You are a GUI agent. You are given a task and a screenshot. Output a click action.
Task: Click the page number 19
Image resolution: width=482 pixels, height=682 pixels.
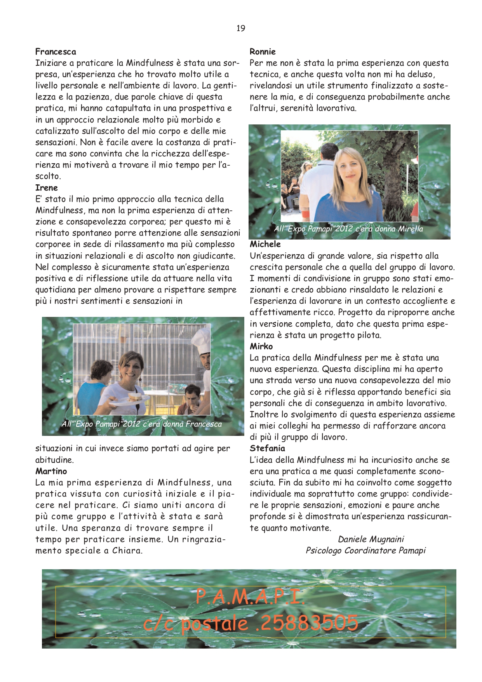coord(240,28)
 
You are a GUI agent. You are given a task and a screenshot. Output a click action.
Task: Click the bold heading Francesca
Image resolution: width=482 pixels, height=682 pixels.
coord(56,52)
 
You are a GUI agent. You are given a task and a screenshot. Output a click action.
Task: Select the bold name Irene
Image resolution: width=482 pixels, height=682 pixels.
coord(46,188)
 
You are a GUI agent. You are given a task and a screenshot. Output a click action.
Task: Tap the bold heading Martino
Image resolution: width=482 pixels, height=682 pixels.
coord(51,471)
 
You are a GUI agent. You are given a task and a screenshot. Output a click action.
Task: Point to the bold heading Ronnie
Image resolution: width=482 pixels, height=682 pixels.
coord(263,52)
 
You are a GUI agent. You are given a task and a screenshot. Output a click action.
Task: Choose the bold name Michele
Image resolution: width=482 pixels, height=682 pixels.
coord(265,244)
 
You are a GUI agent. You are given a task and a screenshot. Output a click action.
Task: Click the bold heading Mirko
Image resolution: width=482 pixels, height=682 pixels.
coord(261,346)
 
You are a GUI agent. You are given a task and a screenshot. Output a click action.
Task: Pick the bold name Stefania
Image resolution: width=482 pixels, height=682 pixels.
coord(267,448)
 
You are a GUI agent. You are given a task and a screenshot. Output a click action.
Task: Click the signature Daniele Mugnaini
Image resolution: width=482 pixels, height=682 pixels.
coord(371,539)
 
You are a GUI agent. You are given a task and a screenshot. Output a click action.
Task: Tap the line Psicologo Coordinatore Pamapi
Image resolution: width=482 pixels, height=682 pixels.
coord(365,551)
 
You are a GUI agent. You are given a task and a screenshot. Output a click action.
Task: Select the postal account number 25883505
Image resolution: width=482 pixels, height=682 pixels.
coord(308,623)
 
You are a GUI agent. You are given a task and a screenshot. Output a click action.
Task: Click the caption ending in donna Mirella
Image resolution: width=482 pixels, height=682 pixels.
coord(348,229)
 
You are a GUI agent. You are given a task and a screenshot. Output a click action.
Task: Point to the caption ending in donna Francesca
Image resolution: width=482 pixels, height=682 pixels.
coord(141,424)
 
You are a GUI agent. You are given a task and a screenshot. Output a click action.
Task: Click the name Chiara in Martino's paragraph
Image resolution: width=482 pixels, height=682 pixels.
coord(127,551)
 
